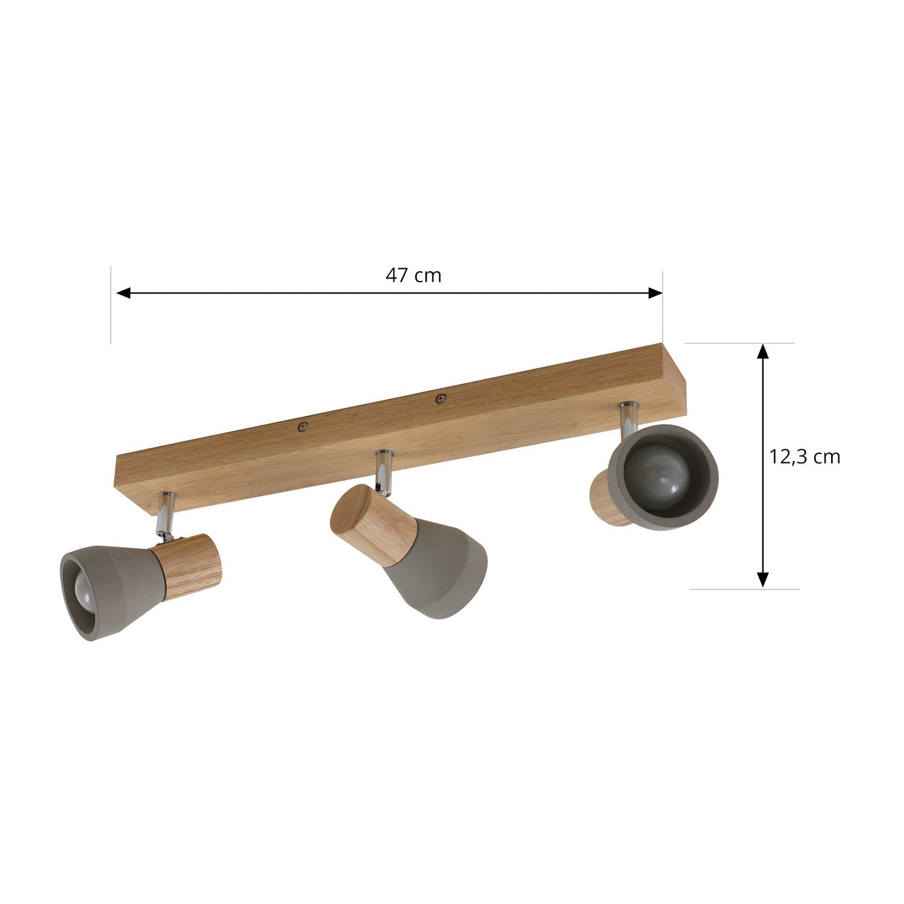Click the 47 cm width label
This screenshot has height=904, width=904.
coord(413,275)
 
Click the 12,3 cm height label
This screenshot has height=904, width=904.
coord(805,457)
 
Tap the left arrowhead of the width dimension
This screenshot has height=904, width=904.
coord(124,293)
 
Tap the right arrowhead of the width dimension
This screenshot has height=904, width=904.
coord(655,293)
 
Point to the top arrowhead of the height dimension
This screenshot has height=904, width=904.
coord(763,351)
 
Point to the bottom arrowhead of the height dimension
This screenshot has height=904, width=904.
coord(763,579)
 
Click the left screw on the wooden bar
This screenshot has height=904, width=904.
coord(303,427)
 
